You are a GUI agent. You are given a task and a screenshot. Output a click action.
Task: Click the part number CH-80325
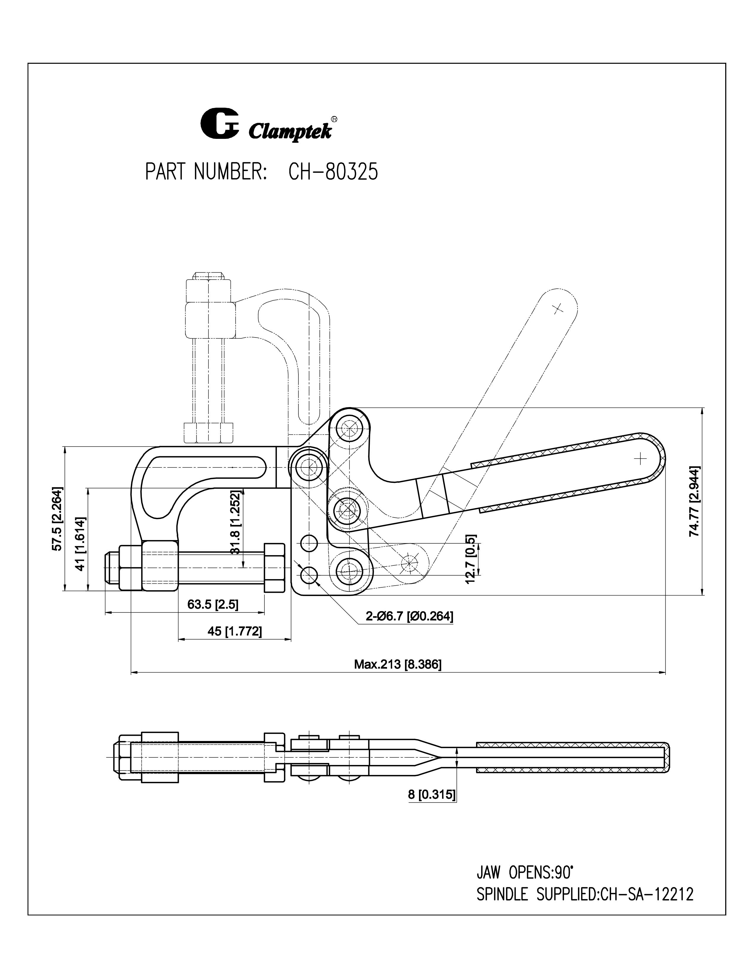pos(333,171)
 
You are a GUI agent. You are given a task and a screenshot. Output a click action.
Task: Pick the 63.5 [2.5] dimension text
pos(213,605)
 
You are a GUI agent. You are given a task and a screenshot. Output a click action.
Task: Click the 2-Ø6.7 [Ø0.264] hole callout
pos(409,616)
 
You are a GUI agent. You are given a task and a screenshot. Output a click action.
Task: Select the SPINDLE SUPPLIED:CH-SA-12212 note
pos(584,895)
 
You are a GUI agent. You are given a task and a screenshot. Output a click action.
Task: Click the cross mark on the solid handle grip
pos(640,459)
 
